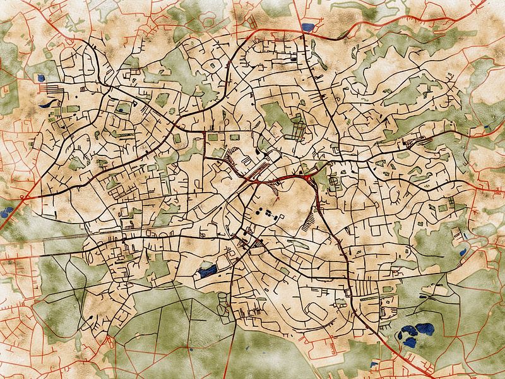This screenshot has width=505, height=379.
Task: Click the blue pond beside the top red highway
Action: point(307,28)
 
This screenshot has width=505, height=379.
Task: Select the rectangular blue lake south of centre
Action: point(207,272)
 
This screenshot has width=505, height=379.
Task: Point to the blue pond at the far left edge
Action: point(8,210)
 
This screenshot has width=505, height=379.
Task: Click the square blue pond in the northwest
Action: point(42,78)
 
